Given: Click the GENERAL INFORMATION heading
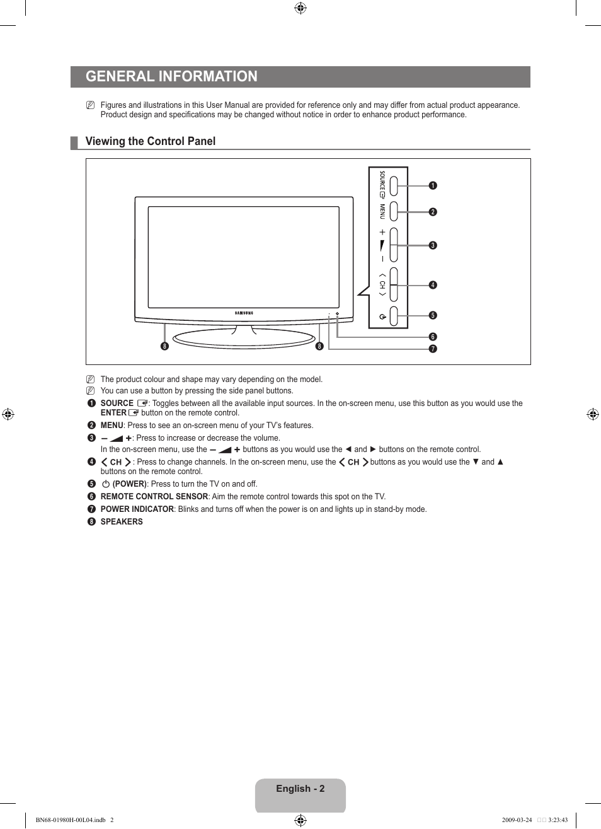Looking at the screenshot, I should click(171, 77).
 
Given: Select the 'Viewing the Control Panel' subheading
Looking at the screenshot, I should click(151, 141).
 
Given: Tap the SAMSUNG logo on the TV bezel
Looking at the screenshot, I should click(244, 313).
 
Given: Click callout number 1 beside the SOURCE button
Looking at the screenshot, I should click(433, 185).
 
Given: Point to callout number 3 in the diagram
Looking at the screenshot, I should click(433, 245).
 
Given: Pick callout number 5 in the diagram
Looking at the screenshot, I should click(433, 315).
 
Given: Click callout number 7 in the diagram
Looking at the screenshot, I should click(433, 349).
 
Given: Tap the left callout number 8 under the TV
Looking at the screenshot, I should click(164, 346).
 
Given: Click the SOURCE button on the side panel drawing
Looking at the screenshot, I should click(394, 185).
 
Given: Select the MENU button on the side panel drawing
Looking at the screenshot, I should click(394, 211).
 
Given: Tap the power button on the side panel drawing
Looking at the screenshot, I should click(394, 316).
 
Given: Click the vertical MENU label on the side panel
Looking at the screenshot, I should click(382, 211).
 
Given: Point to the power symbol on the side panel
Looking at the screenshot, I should click(382, 316).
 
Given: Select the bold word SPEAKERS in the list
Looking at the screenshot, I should click(122, 522).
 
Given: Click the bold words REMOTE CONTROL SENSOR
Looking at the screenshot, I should click(154, 497).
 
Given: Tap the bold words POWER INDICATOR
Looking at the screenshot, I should click(137, 509).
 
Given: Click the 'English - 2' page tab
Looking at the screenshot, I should click(300, 789).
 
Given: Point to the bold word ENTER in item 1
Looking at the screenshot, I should click(113, 413).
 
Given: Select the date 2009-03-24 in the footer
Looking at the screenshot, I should click(517, 820).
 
